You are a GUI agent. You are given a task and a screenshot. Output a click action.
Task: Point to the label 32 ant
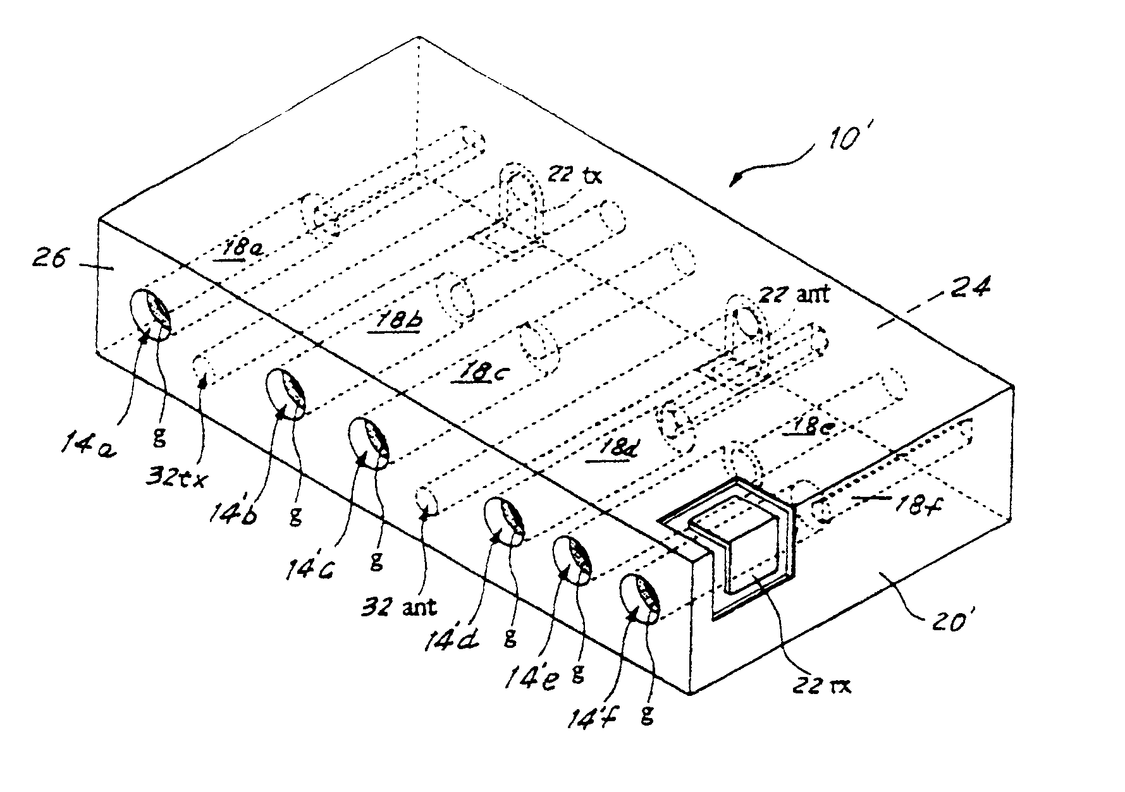click(399, 607)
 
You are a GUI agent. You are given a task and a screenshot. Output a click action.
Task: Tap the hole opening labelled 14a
click(151, 314)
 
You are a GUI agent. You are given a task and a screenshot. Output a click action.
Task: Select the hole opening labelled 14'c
click(369, 443)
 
